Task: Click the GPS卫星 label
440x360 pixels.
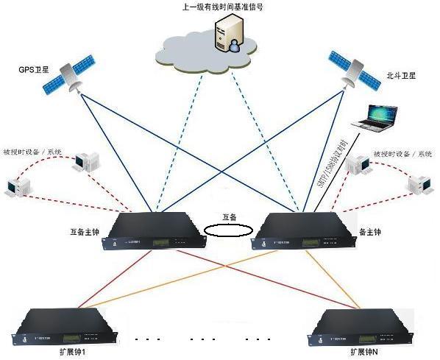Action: coord(35,70)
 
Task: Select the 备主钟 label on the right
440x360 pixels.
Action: coord(371,231)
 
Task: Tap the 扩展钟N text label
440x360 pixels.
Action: coord(366,353)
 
